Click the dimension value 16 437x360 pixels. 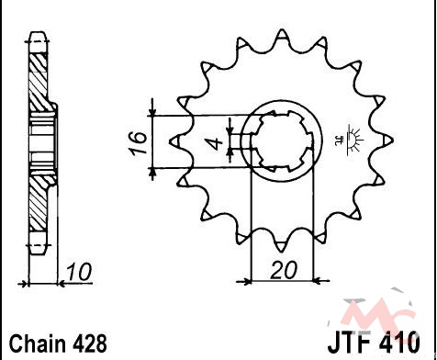click(140, 143)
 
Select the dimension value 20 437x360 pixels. click(284, 270)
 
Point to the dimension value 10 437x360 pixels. click(79, 272)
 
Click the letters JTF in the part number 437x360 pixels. click(351, 343)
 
